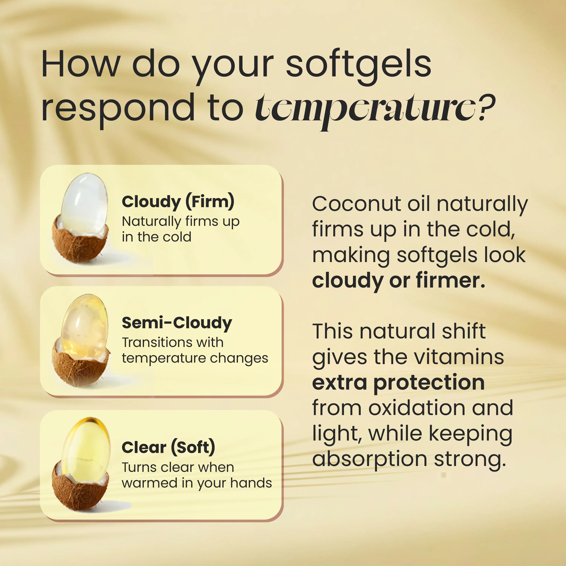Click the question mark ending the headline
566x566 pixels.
point(486,107)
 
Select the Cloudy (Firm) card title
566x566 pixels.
point(178,202)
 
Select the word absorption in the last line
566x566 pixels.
point(370,459)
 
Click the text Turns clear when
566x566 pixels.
point(178,467)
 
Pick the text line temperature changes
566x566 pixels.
point(195,358)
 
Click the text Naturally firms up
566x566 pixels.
point(181,222)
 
